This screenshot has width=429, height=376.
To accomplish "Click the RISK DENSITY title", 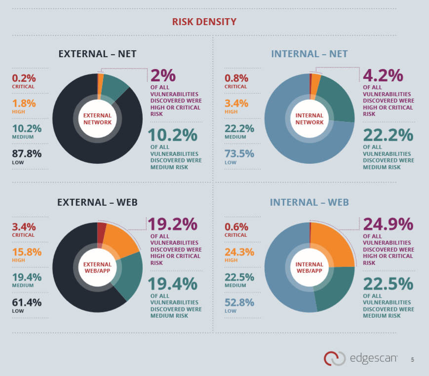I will coord(204,22).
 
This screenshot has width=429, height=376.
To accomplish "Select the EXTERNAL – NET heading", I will coord(97,54).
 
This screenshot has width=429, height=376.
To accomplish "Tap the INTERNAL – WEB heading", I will coord(309,202).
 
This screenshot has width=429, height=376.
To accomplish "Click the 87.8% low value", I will coord(27,153).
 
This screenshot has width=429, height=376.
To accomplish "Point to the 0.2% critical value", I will coord(24,78).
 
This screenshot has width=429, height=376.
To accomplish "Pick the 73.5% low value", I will coord(239,153).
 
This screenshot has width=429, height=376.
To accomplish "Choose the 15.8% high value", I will coord(27,252).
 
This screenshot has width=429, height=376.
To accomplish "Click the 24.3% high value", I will coord(239,252).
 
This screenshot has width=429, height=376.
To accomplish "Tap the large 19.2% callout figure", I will coord(173,225).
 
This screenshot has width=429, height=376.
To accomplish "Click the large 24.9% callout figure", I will coord(388,225).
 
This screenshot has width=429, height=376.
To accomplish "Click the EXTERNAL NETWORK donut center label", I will coord(97,119).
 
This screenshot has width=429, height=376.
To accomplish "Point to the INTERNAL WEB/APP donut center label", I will coord(310,267).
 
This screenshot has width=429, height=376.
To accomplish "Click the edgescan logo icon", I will coord(334,358).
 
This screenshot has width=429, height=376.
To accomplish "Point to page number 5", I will coord(412,360).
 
